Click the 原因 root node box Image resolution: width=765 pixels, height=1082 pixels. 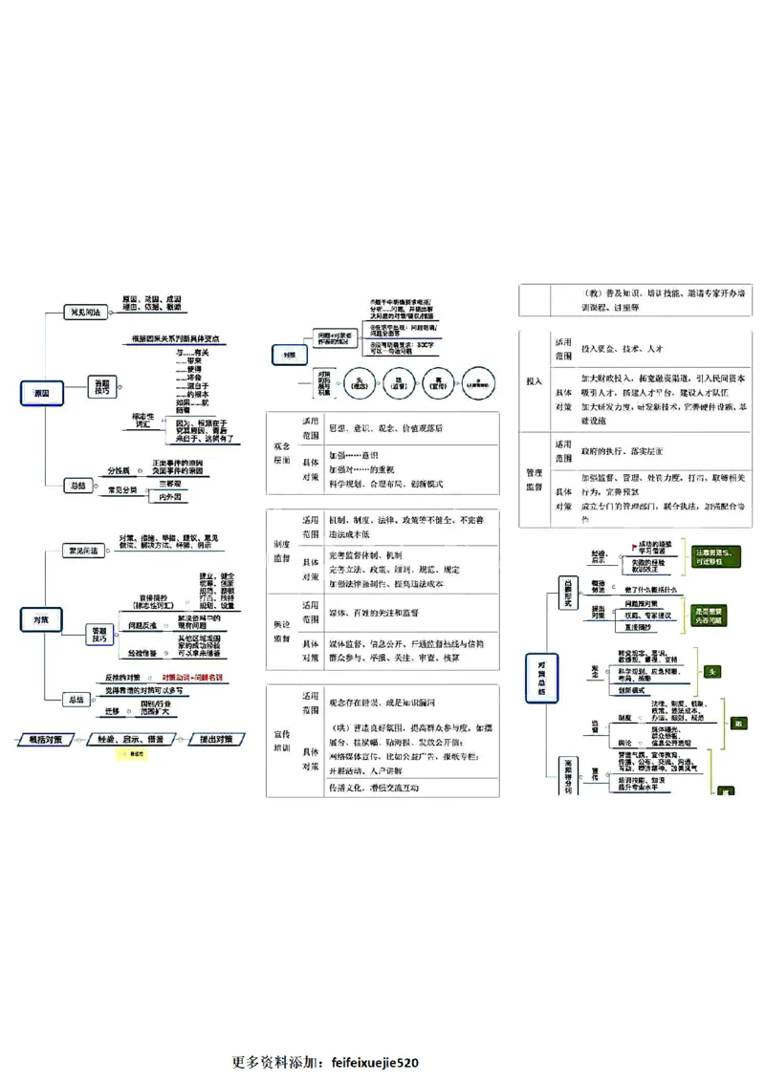40,393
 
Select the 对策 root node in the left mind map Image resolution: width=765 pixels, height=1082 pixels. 40,620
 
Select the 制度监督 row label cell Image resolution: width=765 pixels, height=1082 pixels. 282,551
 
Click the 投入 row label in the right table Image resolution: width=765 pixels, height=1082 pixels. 534,380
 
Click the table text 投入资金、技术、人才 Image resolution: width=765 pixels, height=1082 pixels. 623,349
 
